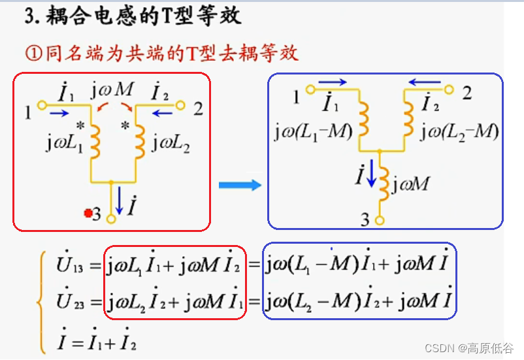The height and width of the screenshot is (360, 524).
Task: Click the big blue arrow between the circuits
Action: [239, 186]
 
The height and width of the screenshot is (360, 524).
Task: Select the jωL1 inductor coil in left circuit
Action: [95, 140]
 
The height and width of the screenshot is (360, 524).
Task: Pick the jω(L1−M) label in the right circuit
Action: [314, 133]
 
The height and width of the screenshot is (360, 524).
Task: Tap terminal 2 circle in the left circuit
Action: [184, 105]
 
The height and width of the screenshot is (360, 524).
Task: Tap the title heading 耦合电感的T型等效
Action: [134, 16]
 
